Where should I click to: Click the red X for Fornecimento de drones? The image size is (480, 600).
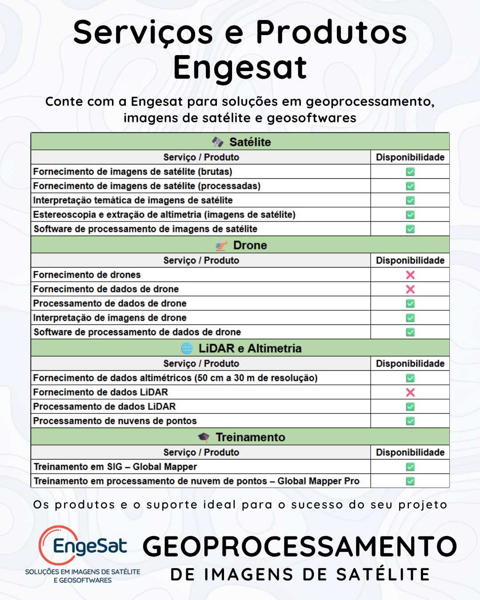click(x=410, y=275)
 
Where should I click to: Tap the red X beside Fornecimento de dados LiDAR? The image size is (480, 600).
click(x=410, y=392)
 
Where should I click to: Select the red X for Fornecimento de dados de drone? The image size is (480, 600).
click(x=410, y=289)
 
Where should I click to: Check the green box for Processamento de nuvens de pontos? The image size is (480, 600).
click(x=410, y=421)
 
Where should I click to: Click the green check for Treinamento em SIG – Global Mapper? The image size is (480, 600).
click(x=410, y=467)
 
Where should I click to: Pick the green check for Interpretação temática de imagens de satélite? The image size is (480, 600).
click(x=410, y=200)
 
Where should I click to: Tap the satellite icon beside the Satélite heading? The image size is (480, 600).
click(x=218, y=142)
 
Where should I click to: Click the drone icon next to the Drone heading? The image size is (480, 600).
click(x=221, y=245)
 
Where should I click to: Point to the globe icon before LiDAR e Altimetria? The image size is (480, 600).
click(x=187, y=348)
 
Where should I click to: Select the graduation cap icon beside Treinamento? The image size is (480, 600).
click(x=204, y=437)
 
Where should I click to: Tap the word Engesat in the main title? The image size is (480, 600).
click(x=240, y=68)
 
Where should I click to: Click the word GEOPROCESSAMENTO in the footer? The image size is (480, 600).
click(x=300, y=547)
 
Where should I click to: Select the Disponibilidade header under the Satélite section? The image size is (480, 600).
click(x=410, y=157)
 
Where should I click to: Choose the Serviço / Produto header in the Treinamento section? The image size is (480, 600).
click(x=201, y=452)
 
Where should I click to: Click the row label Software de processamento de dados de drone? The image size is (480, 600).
click(x=137, y=332)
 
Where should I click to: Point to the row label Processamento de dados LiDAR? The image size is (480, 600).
click(x=104, y=407)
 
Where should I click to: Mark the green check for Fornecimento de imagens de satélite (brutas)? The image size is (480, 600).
click(x=410, y=172)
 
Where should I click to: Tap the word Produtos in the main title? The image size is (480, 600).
click(x=332, y=32)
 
